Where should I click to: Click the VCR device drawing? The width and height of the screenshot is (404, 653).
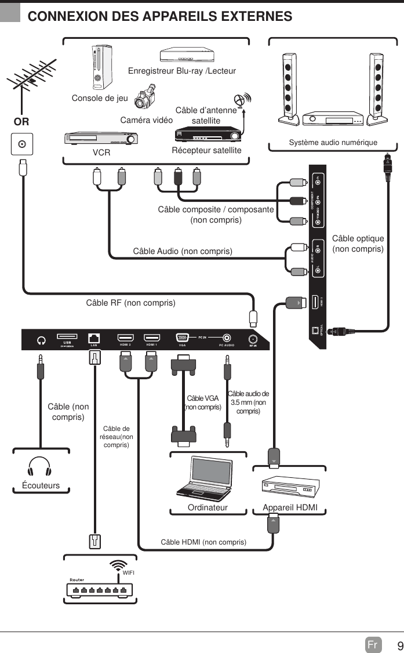pos(100,139)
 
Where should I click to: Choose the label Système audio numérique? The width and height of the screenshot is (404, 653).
pos(333,143)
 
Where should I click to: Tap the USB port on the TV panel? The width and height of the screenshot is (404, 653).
pos(67,337)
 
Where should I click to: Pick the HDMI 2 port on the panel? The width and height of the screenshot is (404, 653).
pos(125,338)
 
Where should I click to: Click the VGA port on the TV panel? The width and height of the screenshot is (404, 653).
pos(182,338)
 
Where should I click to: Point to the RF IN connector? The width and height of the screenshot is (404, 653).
pos(253,339)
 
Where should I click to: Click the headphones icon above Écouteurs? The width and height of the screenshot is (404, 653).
pos(40,466)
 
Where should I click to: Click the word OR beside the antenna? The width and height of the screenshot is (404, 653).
pos(21,122)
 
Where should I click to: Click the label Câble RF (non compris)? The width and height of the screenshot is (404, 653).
pos(130,303)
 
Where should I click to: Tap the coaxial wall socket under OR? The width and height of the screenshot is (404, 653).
pos(22,144)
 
